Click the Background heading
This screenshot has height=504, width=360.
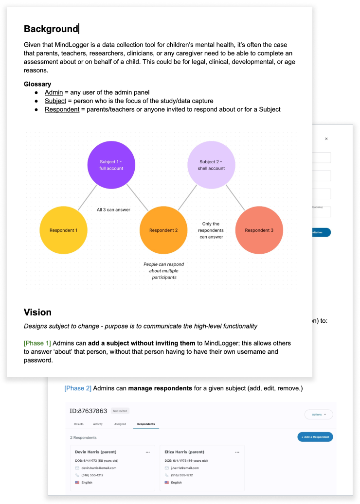pyautogui.click(x=51, y=29)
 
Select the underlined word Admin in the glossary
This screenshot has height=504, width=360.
pyautogui.click(x=54, y=92)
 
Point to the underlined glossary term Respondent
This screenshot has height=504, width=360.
pyautogui.click(x=62, y=109)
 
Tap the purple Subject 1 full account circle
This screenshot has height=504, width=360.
pyautogui.click(x=111, y=165)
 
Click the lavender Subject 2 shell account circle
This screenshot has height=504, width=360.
pyautogui.click(x=212, y=165)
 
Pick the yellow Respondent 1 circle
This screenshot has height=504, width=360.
pyautogui.click(x=63, y=230)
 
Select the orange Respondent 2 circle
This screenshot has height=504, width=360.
pyautogui.click(x=163, y=230)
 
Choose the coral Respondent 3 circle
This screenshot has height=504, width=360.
pyautogui.click(x=259, y=230)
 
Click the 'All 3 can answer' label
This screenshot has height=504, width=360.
pyautogui.click(x=113, y=210)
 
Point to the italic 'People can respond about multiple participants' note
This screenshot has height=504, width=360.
pyautogui.click(x=163, y=271)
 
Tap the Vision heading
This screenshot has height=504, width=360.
pyautogui.click(x=37, y=312)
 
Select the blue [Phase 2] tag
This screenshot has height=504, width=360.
pyautogui.click(x=78, y=388)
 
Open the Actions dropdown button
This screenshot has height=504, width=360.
pyautogui.click(x=319, y=415)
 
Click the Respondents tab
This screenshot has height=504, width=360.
pyautogui.click(x=146, y=424)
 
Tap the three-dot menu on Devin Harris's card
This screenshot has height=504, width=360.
pyautogui.click(x=147, y=452)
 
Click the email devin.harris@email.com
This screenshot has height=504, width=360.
pyautogui.click(x=96, y=468)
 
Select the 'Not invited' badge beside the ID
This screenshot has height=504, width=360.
pyautogui.click(x=120, y=411)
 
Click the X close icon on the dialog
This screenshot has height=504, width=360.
pyautogui.click(x=326, y=139)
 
